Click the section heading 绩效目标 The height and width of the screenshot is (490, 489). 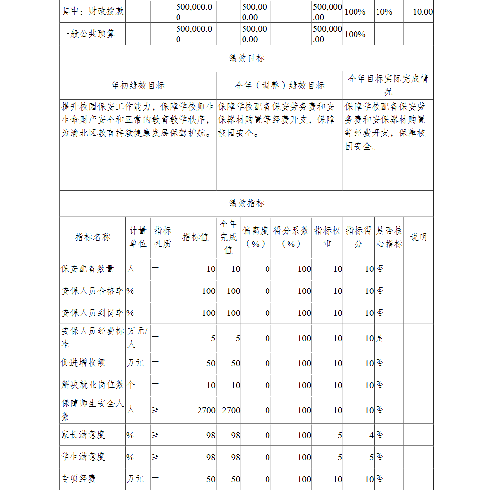click(x=246, y=58)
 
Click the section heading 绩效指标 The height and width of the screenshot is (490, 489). click(x=246, y=203)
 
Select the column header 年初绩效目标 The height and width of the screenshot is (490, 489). click(x=138, y=86)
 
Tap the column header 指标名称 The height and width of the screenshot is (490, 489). click(x=92, y=237)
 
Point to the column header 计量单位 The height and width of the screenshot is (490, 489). click(x=138, y=237)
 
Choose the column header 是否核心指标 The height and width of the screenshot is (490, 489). click(x=389, y=237)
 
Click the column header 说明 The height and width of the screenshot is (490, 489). click(x=418, y=237)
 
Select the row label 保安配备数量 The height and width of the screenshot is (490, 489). click(x=88, y=269)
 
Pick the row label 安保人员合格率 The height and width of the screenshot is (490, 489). click(x=92, y=291)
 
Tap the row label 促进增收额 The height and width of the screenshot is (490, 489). click(x=83, y=363)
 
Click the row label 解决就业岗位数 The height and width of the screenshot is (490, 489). click(x=92, y=385)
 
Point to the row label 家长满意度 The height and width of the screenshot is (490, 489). click(x=83, y=435)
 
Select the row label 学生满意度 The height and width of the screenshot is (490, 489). click(x=83, y=457)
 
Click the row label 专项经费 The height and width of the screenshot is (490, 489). click(x=78, y=479)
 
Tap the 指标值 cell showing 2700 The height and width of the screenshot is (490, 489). click(x=206, y=410)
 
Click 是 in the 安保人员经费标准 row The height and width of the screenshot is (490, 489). click(x=379, y=338)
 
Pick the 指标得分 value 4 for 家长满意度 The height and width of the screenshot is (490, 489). click(x=371, y=435)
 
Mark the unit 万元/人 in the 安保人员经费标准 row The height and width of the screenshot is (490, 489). click(x=137, y=337)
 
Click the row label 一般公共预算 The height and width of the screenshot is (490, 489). click(x=88, y=34)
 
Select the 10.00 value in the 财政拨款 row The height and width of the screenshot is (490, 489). click(x=422, y=12)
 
